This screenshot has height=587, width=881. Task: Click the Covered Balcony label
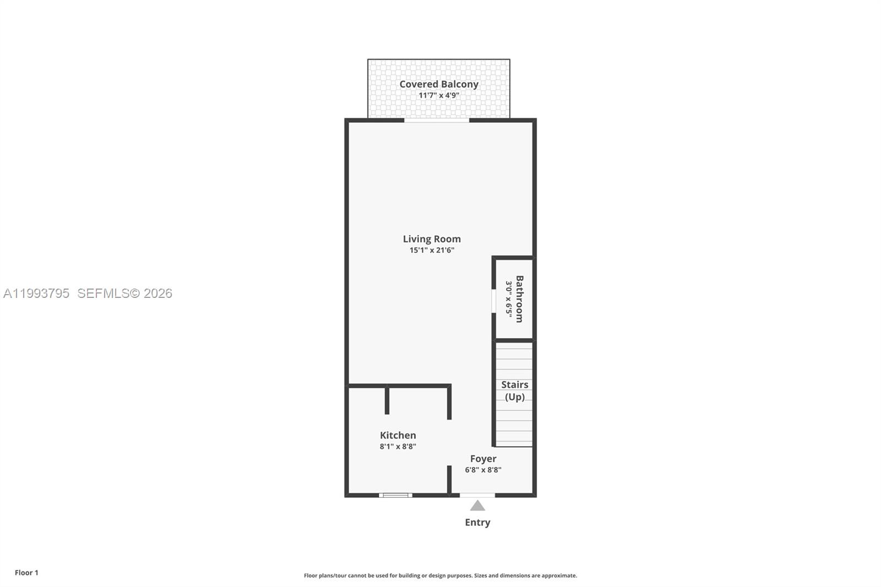tap(438, 84)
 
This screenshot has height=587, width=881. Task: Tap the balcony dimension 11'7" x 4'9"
tap(438, 95)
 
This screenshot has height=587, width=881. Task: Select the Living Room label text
tap(432, 239)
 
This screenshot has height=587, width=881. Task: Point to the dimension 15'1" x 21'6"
tap(432, 250)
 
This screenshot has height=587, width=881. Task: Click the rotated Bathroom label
tap(519, 299)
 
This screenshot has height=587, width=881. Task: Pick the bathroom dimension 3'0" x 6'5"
tap(509, 300)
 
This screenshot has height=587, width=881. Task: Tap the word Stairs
tap(514, 385)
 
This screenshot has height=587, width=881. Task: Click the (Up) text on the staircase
tap(514, 397)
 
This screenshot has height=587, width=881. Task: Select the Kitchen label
tap(398, 436)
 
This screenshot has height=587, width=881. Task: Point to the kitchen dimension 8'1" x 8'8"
tap(398, 447)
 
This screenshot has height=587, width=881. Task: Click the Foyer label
tap(483, 459)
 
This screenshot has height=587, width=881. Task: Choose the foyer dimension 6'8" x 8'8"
tap(483, 470)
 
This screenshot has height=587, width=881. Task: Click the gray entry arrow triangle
tap(477, 506)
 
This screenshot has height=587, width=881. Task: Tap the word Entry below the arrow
tap(477, 523)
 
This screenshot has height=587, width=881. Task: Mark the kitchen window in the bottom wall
tap(395, 495)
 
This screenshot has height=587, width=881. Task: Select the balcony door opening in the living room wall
tap(437, 120)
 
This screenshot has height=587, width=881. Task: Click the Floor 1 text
tap(26, 573)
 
